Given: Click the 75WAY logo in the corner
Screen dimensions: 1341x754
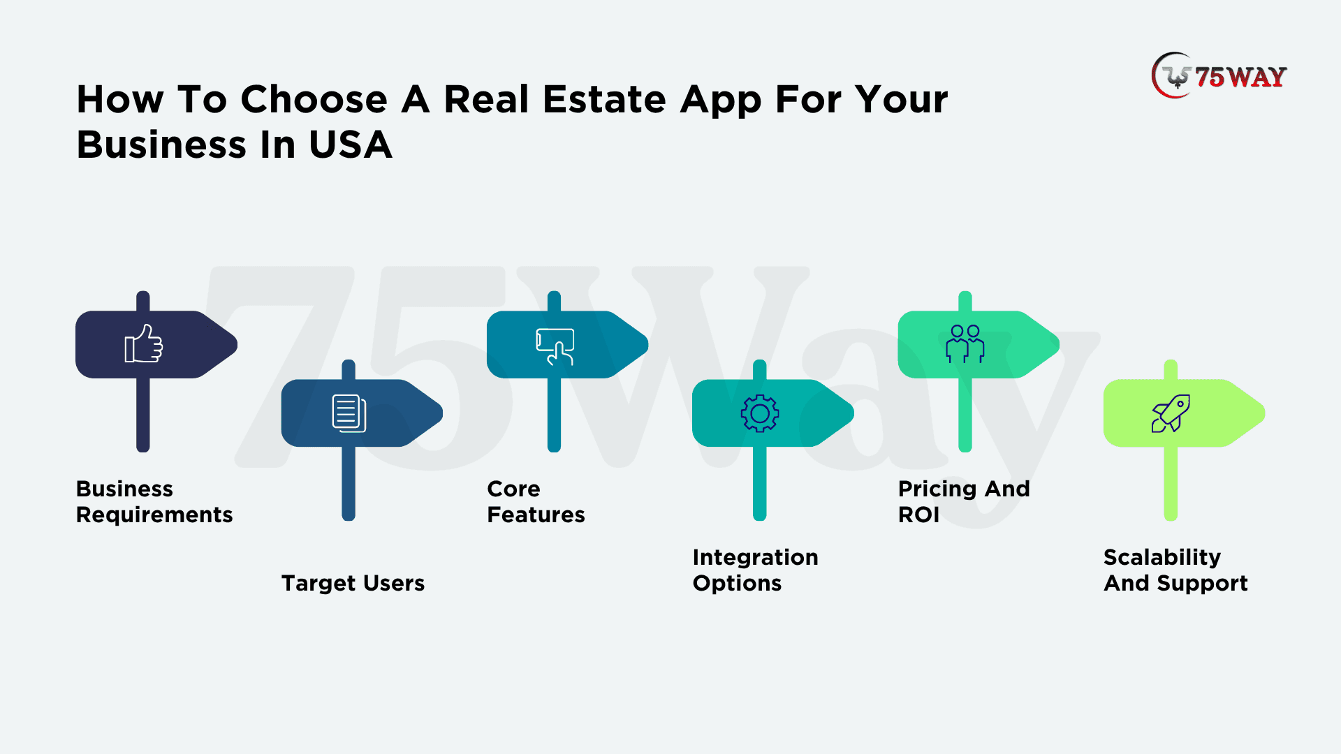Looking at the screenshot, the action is [x=1219, y=75].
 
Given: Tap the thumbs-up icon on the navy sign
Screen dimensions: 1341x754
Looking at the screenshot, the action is [x=144, y=343].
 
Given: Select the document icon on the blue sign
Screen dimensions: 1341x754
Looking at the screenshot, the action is [x=349, y=413].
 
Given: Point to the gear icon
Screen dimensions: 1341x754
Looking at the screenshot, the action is [x=760, y=414].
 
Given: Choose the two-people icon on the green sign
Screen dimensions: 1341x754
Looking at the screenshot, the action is [x=965, y=343].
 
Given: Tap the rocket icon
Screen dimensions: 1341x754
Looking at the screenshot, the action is [x=1171, y=413].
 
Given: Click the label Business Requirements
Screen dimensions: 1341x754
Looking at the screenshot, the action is [x=154, y=501].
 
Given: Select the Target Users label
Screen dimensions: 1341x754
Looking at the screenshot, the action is [x=353, y=583].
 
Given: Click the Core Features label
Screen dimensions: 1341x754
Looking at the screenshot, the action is [x=536, y=501].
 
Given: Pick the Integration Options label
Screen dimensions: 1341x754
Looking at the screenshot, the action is [x=755, y=570].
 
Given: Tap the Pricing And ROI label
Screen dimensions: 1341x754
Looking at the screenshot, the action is [x=964, y=501].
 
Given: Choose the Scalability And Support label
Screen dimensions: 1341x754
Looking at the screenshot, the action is [x=1175, y=570].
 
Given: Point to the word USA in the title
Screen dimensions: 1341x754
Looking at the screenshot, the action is [x=351, y=145].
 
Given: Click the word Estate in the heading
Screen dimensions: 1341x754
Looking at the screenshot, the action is [x=605, y=99].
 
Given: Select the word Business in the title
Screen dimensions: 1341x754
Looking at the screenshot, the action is [x=161, y=145].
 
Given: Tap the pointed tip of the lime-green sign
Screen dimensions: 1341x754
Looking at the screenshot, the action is [x=1264, y=413].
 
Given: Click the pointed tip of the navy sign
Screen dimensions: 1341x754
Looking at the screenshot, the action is [x=237, y=344].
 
